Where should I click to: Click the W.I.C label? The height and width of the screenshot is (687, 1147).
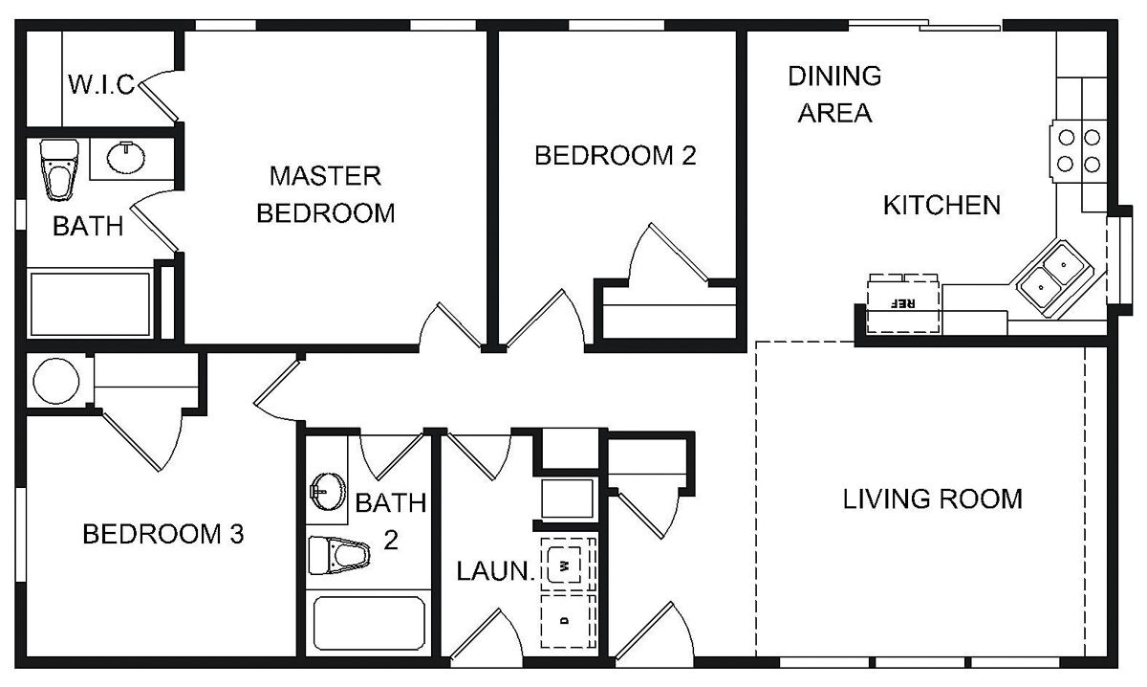point(100,84)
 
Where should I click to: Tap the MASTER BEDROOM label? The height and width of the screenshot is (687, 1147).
point(326,194)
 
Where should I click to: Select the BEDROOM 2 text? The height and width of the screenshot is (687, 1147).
point(615,156)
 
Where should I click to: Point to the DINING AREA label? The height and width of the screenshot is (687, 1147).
point(834,94)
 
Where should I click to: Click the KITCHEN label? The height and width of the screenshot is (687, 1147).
point(941,205)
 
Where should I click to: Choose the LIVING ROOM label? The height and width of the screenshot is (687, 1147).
point(932,499)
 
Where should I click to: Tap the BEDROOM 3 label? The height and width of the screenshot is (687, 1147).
point(163,534)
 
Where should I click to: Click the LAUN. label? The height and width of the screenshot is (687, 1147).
point(494,572)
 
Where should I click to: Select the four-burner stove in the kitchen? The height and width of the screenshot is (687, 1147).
point(1076,148)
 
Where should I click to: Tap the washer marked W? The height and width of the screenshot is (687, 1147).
point(567,565)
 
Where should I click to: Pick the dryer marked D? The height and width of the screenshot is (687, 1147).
point(567,619)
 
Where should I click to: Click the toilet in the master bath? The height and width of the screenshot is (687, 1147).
point(59,167)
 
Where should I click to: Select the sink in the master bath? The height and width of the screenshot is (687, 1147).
point(125,156)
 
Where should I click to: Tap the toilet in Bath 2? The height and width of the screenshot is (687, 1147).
point(337,554)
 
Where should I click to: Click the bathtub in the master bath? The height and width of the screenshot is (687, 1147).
point(90,303)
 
